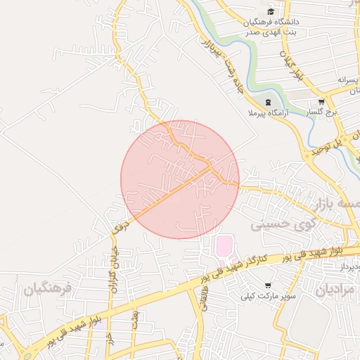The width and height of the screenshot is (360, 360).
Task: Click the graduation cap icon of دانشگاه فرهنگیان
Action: coord(271,12)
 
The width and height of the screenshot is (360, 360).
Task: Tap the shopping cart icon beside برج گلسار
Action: coord(321,101)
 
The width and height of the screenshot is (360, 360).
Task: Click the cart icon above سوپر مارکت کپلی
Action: coord(268,285)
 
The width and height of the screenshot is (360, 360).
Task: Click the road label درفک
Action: coord(121,226)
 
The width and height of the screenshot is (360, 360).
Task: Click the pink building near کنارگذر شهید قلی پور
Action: coord(224,246)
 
